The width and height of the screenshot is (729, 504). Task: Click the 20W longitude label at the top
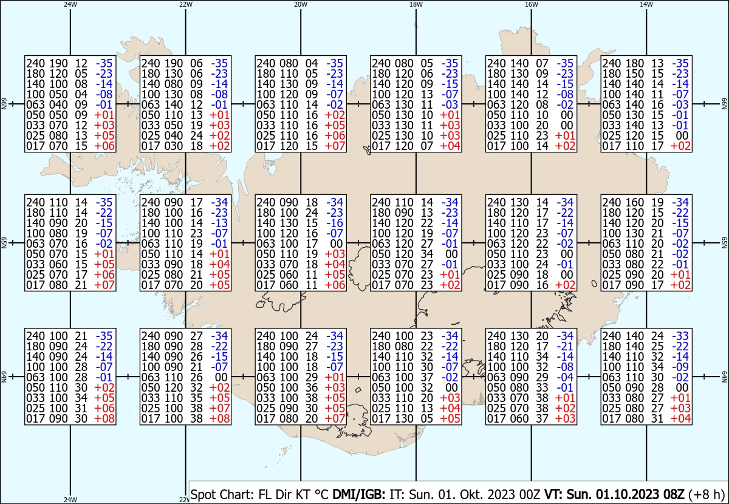click(x=300, y=4)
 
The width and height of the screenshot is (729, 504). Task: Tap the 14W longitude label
click(x=646, y=4)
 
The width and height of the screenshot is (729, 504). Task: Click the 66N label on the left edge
click(x=4, y=104)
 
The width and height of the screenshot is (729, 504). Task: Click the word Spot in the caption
click(x=204, y=495)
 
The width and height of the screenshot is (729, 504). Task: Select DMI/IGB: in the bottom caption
click(x=358, y=494)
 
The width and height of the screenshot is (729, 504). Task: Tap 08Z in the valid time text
click(x=673, y=494)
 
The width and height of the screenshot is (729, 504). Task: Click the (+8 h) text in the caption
click(x=707, y=495)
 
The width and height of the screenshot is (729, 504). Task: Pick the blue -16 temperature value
click(x=335, y=223)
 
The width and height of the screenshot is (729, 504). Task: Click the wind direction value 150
click(x=635, y=73)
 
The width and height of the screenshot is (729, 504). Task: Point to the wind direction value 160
click(x=635, y=202)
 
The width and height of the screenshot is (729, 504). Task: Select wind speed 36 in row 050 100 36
click(x=312, y=388)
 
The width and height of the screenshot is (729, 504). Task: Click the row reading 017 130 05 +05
click(x=416, y=419)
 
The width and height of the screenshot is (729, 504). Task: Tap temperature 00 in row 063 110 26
click(x=221, y=378)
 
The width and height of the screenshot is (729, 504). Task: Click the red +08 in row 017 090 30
click(x=104, y=419)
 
